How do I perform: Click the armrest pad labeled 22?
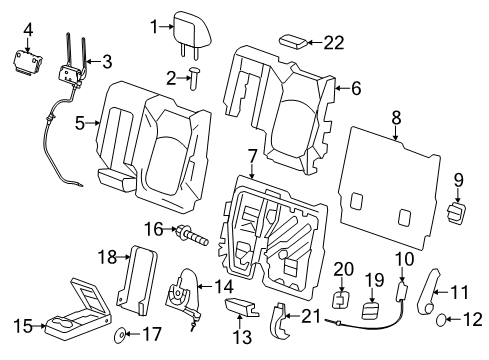(x=293, y=41)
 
